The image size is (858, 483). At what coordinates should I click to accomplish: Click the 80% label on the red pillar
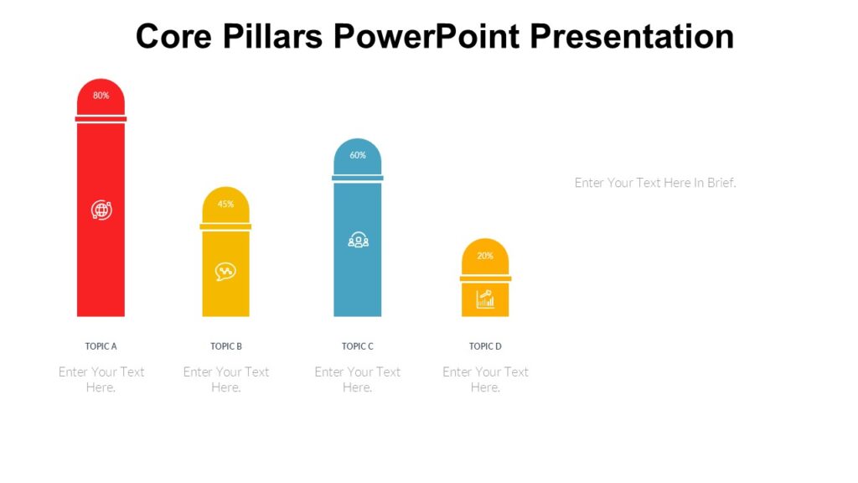pos(101,96)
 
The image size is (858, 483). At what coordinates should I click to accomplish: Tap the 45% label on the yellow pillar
pos(225,204)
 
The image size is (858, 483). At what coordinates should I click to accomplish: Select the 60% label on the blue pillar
pos(358,155)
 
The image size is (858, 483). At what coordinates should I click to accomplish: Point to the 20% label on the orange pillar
pos(485,256)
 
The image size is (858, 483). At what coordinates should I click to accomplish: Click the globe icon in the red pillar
pos(101,210)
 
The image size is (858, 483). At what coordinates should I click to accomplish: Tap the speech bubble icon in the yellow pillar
pos(225,271)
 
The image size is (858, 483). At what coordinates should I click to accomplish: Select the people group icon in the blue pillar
pos(358,241)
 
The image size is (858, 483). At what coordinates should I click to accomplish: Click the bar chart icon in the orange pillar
pos(485,299)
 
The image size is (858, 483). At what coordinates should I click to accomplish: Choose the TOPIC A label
pos(101,346)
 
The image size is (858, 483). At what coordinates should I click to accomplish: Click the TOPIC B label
pos(226,346)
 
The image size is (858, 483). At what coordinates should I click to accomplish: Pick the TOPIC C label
pos(358,346)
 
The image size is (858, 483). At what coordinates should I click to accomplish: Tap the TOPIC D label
pos(485,346)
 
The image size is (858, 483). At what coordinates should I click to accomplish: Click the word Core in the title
pos(170,37)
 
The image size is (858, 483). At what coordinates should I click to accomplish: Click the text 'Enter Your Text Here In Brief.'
pos(655,183)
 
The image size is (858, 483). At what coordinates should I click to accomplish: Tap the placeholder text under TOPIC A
pos(101,379)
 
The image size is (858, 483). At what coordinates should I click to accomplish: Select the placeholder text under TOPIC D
pos(485,379)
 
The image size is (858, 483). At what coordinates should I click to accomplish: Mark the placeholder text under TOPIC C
pos(358,379)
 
